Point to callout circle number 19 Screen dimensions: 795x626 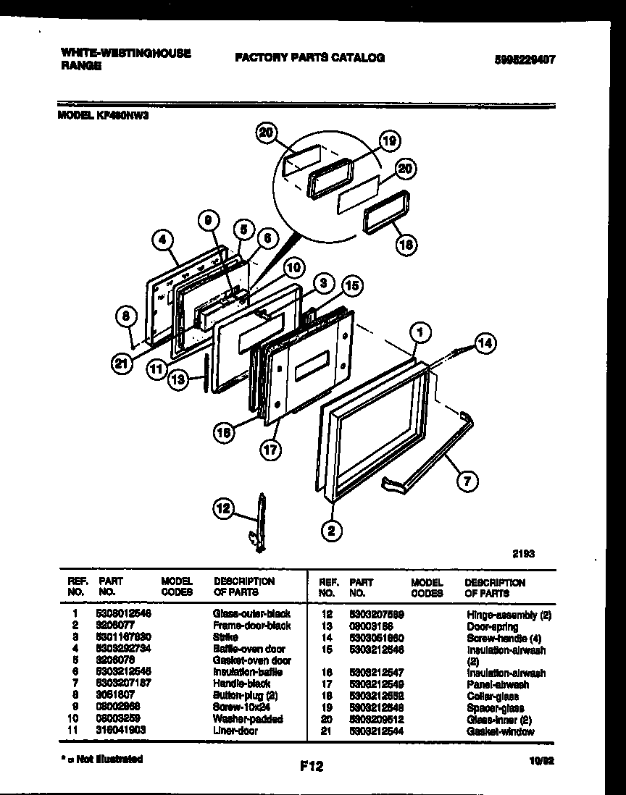388,142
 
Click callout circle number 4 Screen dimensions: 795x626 164,240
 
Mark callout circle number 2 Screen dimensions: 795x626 331,531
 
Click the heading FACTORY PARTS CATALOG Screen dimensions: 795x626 309,57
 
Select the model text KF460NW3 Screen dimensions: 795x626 128,114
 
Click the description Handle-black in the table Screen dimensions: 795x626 241,683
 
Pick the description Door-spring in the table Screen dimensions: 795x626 492,626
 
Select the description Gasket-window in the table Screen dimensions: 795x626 501,731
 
